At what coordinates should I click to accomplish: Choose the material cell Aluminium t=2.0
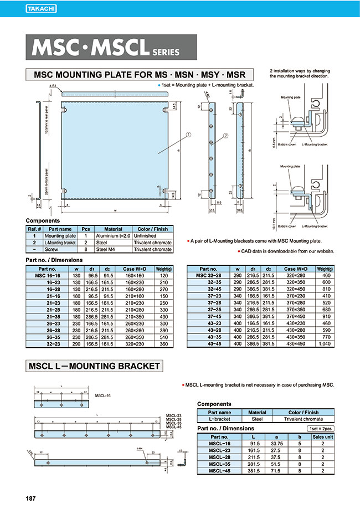(112, 236)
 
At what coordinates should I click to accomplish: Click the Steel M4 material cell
(112, 249)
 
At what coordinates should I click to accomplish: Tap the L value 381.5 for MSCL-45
(255, 471)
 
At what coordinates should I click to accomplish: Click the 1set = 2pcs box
(321, 429)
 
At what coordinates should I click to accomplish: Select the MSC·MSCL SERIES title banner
(111, 47)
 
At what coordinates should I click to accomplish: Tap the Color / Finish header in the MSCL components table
(303, 412)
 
